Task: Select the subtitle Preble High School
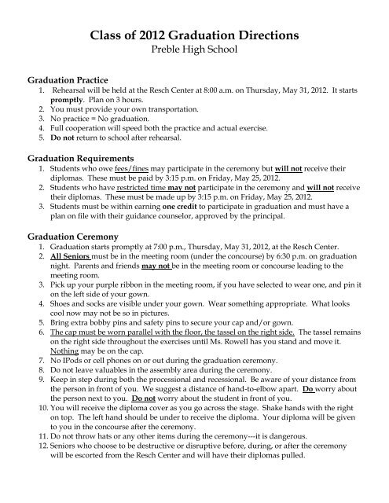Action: (x=195, y=52)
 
